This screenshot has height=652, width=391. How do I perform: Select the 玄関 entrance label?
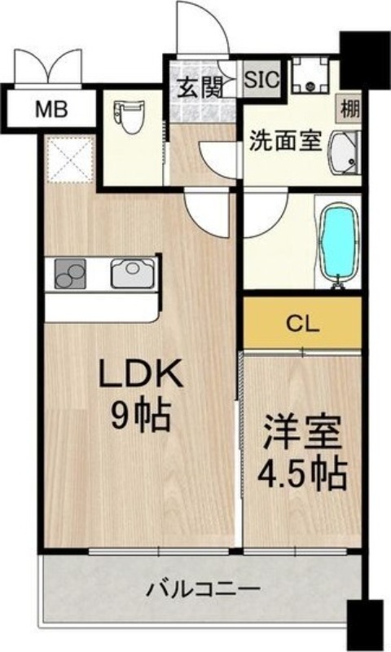198,86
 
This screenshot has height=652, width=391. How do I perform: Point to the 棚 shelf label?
349,106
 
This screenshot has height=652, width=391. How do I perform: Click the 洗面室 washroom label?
284,141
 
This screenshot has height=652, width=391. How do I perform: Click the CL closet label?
302,321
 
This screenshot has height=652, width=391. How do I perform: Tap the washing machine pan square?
310,75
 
